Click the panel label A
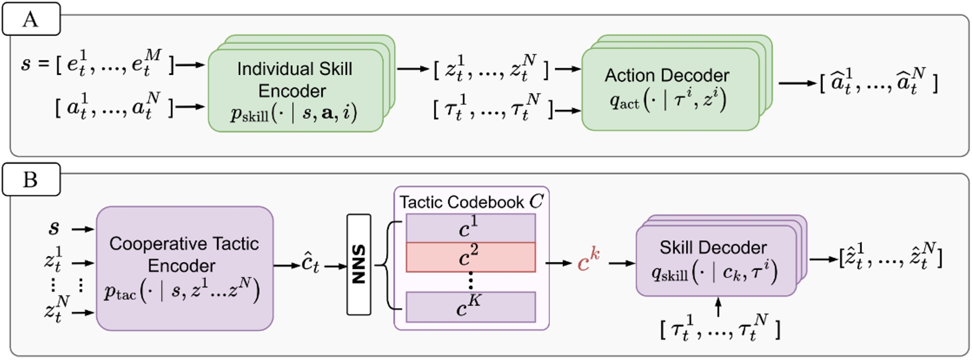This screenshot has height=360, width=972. point(30,19)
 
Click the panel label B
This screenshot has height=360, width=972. point(30,180)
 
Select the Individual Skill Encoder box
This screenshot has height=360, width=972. point(295,90)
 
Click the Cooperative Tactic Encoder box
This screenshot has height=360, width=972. point(184,268)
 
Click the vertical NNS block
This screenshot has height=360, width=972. point(358,264)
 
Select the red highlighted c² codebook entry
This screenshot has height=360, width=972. point(470,257)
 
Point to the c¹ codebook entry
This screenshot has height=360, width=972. point(470,228)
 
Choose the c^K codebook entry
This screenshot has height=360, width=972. point(470,307)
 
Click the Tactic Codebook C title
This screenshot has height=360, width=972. point(471,202)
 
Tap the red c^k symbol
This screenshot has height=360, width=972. point(589,263)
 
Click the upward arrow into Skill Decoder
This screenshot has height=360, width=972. point(718,307)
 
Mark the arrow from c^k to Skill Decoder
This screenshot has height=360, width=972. point(622,263)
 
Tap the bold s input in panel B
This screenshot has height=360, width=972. point(54,228)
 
